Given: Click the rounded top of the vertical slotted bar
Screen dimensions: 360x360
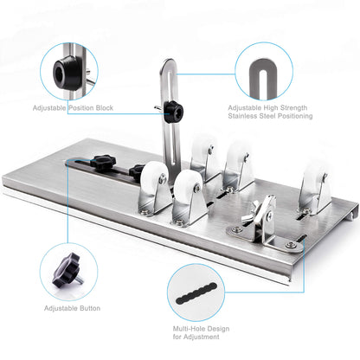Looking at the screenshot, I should [x=170, y=65].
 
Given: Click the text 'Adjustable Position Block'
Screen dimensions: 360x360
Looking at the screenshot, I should [x=73, y=108].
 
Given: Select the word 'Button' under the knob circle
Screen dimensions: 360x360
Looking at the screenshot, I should [x=84, y=307].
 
